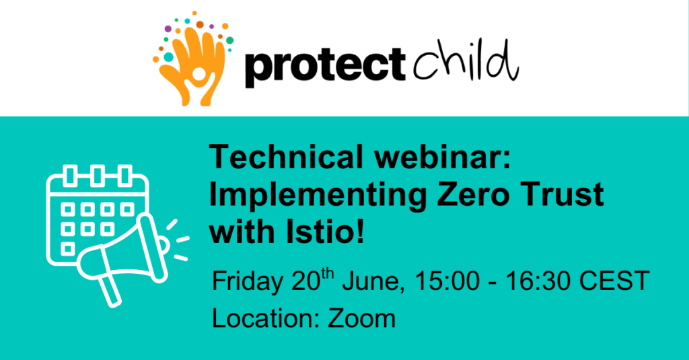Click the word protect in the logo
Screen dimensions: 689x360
(x=325, y=66)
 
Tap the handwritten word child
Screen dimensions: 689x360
(x=466, y=61)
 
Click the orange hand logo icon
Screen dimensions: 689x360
(x=193, y=59)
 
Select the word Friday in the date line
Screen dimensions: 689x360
(x=248, y=282)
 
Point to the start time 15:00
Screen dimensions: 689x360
(x=447, y=281)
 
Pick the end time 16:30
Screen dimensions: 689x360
(x=538, y=281)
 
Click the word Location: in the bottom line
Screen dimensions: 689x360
(x=266, y=319)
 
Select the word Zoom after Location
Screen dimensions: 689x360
(x=361, y=319)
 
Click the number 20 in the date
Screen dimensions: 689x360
(x=306, y=282)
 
